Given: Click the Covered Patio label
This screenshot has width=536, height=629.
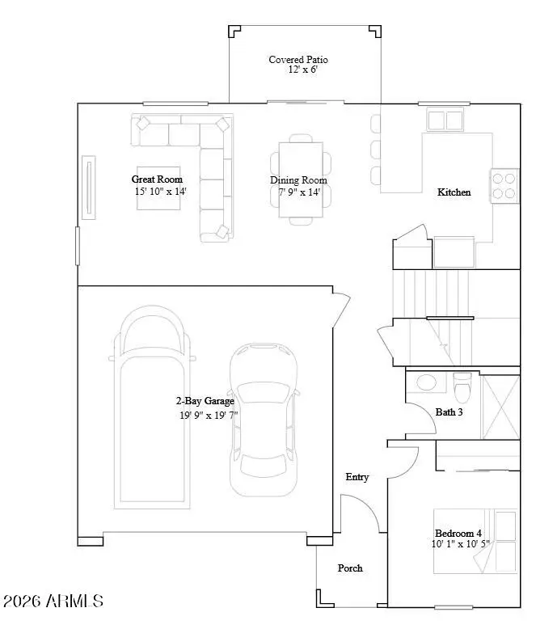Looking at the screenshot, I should [298, 60].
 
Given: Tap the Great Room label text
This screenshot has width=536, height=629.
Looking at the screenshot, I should [157, 179].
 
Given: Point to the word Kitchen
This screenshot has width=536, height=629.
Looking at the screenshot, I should [454, 192].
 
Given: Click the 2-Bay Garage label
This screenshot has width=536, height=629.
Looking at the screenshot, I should [205, 401].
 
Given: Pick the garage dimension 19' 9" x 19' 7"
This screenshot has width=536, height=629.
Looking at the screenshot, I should [209, 415].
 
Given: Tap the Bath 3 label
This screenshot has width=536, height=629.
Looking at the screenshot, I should [449, 412].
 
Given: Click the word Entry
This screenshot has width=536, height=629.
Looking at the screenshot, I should [357, 477].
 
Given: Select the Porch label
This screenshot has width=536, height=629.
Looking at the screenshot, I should [350, 568].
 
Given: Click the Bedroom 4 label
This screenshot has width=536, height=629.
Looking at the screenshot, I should [458, 534].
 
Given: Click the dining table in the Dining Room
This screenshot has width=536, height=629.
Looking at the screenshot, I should [299, 179].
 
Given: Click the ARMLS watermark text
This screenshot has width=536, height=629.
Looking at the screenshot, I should [53, 602].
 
